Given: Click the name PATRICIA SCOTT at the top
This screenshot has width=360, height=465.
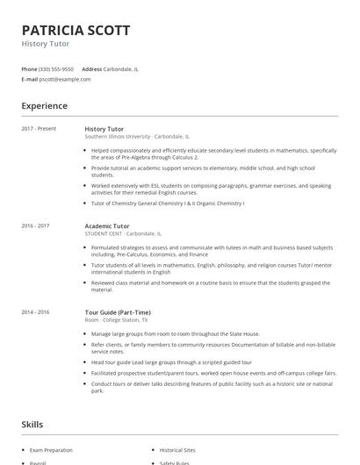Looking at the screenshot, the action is click(x=76, y=30).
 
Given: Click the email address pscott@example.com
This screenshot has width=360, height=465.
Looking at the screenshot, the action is click(x=64, y=79).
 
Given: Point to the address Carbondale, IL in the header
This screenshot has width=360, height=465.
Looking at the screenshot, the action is click(x=120, y=68).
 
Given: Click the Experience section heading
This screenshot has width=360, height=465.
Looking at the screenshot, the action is click(x=45, y=106).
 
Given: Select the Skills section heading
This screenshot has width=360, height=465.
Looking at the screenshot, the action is click(x=32, y=425).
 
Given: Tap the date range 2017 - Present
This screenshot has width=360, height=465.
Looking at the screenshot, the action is click(x=39, y=129).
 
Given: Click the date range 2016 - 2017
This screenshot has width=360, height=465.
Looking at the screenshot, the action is click(x=36, y=225).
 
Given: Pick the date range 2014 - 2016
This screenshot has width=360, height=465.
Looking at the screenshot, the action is click(x=36, y=312).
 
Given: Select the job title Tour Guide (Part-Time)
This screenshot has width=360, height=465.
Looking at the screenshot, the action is click(x=118, y=312).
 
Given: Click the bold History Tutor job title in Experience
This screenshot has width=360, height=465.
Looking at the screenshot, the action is click(x=104, y=129).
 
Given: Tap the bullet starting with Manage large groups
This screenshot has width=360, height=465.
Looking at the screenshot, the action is click(x=172, y=334).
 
